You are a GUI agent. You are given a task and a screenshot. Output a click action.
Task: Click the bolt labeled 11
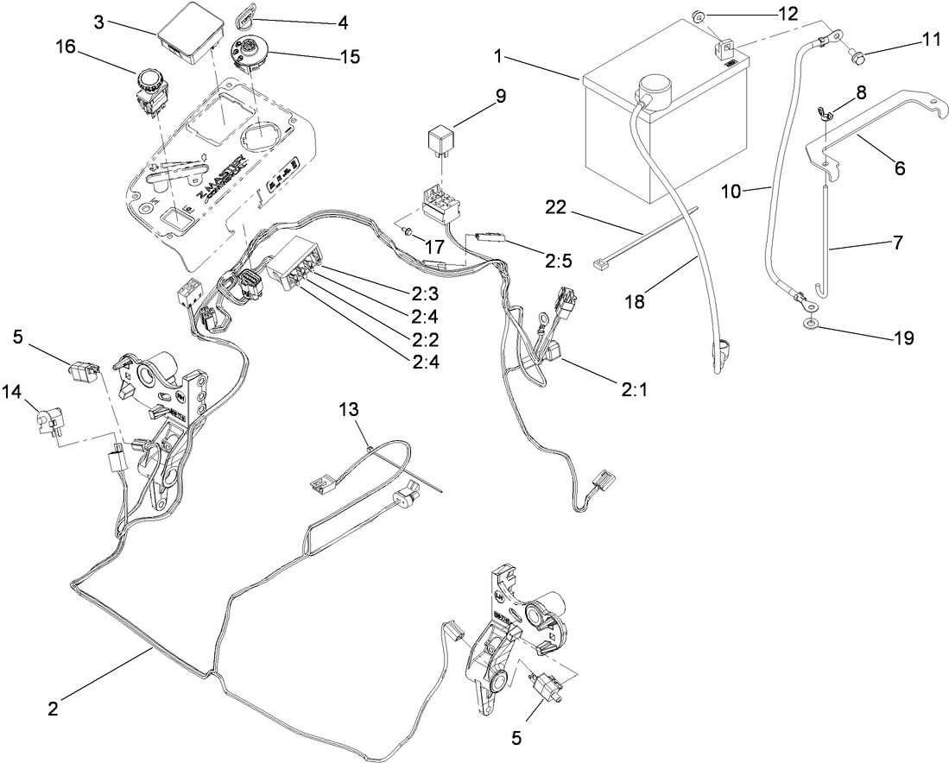857,58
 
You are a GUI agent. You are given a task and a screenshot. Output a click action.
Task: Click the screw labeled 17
405,231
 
